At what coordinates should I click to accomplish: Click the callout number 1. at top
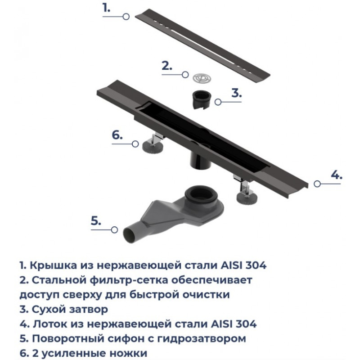[107, 8]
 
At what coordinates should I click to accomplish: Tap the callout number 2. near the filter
[167, 66]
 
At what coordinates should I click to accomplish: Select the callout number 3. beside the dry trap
[237, 93]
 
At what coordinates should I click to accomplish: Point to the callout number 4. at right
[336, 175]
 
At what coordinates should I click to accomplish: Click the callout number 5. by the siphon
[96, 221]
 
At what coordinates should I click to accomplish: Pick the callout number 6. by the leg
[117, 135]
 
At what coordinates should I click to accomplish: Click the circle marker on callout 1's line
[126, 17]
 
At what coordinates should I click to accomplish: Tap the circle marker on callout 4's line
[317, 184]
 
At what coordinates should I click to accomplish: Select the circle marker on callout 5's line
[114, 229]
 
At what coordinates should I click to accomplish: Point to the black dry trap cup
[201, 99]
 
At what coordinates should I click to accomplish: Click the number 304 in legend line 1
[256, 265]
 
